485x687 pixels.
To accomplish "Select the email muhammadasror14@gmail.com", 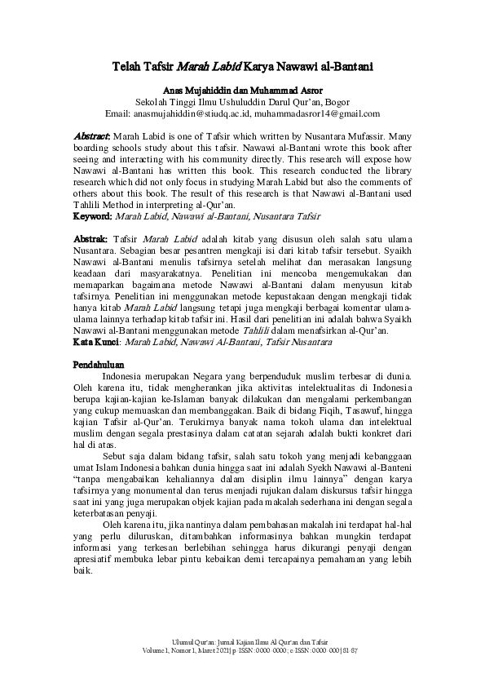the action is tap(316, 113).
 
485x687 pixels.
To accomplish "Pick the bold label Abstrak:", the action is tap(90, 236).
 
